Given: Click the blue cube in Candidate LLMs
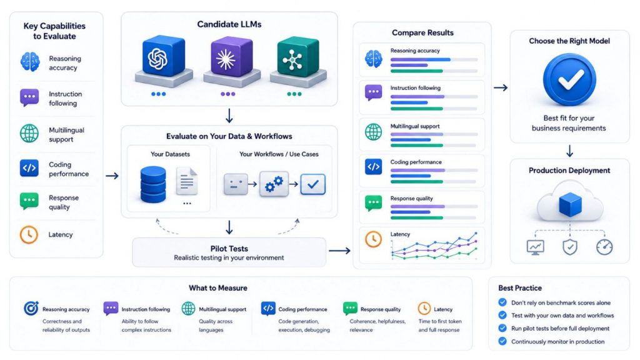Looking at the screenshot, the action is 163,57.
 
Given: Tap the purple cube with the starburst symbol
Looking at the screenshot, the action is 231,57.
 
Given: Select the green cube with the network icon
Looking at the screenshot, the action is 298,57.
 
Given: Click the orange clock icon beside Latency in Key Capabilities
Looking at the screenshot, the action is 29,235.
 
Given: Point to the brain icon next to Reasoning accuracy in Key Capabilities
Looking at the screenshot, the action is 30,62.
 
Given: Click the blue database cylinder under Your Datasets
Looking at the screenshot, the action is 153,184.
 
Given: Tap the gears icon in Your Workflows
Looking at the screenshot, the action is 274,184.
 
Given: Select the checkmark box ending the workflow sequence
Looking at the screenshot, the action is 313,184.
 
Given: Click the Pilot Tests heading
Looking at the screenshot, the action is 229,249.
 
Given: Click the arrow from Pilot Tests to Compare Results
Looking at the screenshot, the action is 339,250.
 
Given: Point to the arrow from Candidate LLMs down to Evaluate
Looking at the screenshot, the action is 229,116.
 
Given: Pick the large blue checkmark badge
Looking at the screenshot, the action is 569,79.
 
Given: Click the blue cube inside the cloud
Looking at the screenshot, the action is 570,205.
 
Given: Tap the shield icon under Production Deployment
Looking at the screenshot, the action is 570,247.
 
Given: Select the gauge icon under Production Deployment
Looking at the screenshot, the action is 604,247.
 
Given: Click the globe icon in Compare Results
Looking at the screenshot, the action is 374,132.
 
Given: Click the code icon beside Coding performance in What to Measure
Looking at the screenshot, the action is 268,309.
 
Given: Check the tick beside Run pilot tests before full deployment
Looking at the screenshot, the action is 502,328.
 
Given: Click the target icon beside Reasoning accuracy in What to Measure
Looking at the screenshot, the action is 31,308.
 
